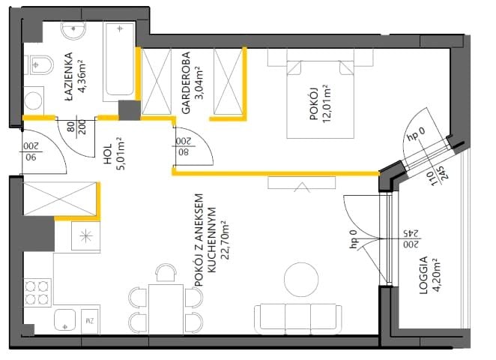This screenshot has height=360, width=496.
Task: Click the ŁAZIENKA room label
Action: click(68, 77)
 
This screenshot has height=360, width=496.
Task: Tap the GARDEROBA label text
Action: click(186, 82)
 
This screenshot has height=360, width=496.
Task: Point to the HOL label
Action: click(108, 154)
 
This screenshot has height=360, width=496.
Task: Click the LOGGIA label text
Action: click(423, 275)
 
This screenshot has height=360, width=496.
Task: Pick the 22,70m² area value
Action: click(225, 240)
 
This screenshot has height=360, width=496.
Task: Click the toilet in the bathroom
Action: click(39, 65)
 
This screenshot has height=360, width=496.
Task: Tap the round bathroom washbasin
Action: click(73, 29)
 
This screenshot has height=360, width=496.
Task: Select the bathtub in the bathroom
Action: click(119, 61)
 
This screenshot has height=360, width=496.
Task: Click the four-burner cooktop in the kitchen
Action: click(37, 292)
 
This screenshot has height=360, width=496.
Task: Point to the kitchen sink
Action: click(65, 319)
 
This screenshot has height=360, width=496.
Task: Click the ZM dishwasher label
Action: click(90, 321)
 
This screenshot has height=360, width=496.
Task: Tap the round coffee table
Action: click(301, 280)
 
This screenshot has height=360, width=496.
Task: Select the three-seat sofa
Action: click(298, 319)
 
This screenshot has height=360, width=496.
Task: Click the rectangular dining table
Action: click(166, 309)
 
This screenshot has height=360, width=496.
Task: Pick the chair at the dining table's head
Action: click(166, 273)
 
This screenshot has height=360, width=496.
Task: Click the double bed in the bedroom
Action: click(320, 100)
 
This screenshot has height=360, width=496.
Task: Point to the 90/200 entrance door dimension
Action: click(31, 151)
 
